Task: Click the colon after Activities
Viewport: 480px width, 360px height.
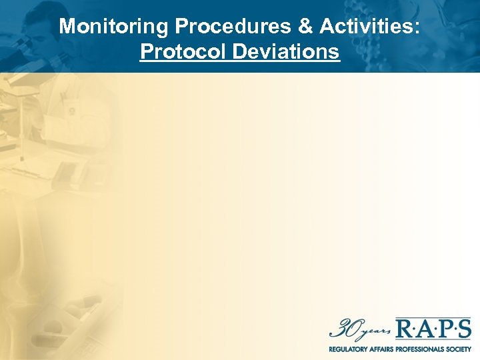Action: click(x=418, y=28)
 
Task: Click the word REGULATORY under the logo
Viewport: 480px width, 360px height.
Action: click(x=348, y=349)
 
